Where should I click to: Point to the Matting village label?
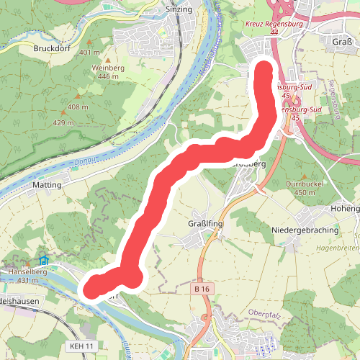click(x=48, y=184)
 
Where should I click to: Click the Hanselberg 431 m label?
click(x=28, y=276)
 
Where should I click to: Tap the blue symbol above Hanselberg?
click(x=43, y=260)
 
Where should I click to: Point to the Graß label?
click(x=343, y=41)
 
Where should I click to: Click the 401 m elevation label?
click(x=90, y=53)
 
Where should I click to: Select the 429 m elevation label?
click(x=63, y=122)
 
